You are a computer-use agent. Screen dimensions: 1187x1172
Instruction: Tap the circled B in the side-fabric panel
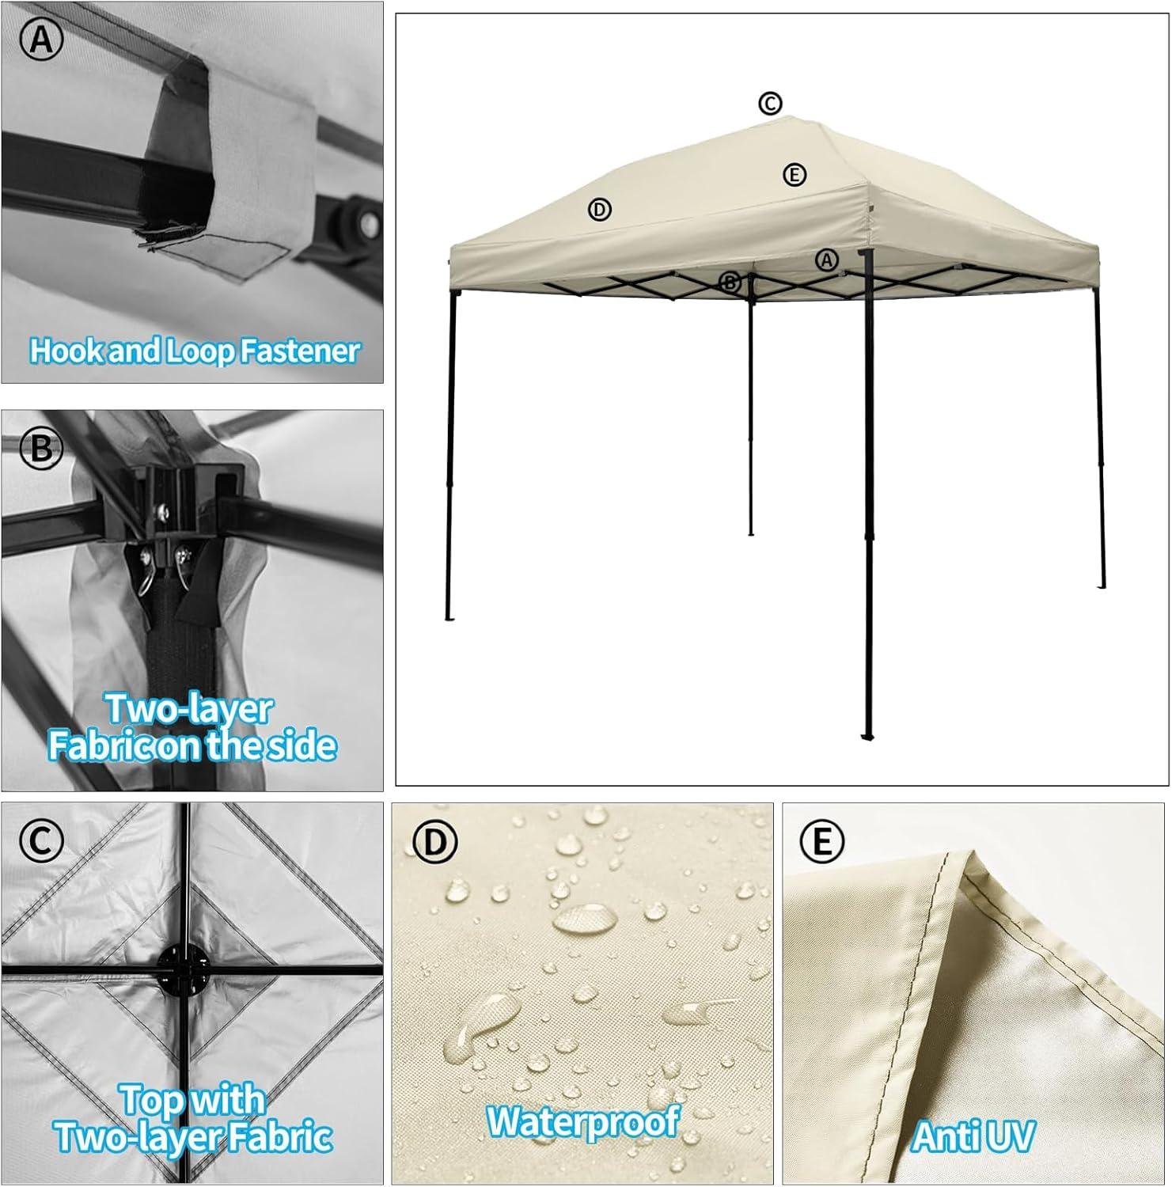coord(41,449)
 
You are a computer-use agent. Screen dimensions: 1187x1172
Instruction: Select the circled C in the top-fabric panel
coord(41,841)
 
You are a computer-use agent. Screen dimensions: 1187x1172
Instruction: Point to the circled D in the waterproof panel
coord(434,843)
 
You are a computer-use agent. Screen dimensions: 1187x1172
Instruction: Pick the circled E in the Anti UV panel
coord(822,843)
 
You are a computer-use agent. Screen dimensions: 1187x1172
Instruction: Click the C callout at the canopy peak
coord(770,104)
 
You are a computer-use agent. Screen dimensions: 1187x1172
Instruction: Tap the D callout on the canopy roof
coord(600,210)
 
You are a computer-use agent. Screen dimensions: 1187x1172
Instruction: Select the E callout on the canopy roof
coord(795,175)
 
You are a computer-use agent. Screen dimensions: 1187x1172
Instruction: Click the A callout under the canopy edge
coord(826,260)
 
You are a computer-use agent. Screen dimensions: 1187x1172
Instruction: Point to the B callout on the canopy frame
coord(730,282)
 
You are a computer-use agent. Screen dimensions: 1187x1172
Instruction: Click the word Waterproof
coord(583,1121)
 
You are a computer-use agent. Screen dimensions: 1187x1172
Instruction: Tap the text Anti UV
coord(973,1137)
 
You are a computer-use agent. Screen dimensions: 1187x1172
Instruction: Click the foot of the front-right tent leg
coord(868,736)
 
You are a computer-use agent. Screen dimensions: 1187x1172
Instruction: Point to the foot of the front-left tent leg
coord(449,617)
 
